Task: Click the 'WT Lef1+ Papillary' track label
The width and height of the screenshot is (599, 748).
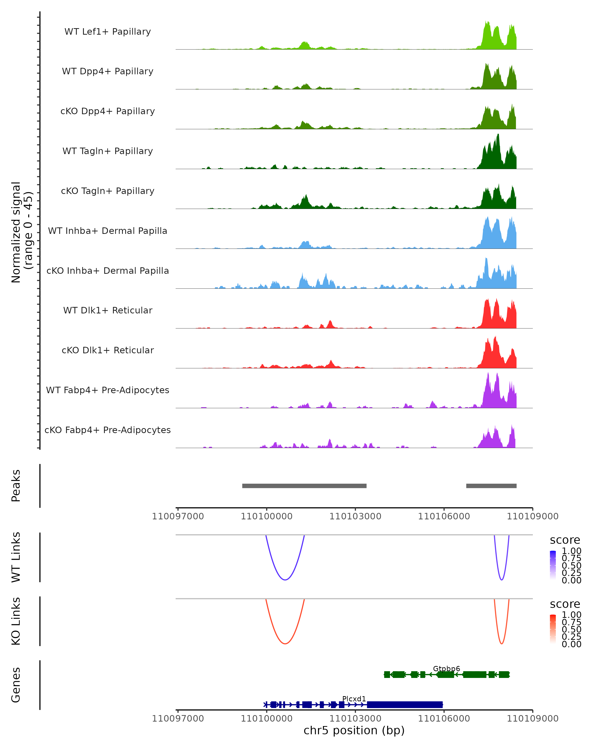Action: pyautogui.click(x=108, y=32)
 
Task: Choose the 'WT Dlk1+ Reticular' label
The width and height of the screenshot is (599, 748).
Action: pyautogui.click(x=108, y=310)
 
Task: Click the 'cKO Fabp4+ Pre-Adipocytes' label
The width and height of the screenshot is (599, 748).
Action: pyautogui.click(x=108, y=430)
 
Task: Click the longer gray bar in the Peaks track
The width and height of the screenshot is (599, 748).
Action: pyautogui.click(x=304, y=486)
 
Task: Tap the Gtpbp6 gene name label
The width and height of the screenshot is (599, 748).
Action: pyautogui.click(x=446, y=668)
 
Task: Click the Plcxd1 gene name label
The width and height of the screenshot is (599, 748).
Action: pyautogui.click(x=354, y=699)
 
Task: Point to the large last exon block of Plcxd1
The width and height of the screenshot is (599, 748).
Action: pyautogui.click(x=405, y=704)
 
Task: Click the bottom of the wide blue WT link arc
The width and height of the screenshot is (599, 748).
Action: pyautogui.click(x=285, y=580)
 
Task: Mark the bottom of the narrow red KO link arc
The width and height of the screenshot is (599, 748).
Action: pyautogui.click(x=501, y=644)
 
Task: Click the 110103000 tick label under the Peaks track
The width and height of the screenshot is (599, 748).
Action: pyautogui.click(x=355, y=516)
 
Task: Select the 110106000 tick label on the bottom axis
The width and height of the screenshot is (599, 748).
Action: pyautogui.click(x=444, y=719)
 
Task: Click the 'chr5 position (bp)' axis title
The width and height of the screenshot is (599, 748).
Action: pyautogui.click(x=354, y=730)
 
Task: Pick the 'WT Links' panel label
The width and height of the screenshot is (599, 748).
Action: pyautogui.click(x=16, y=557)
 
